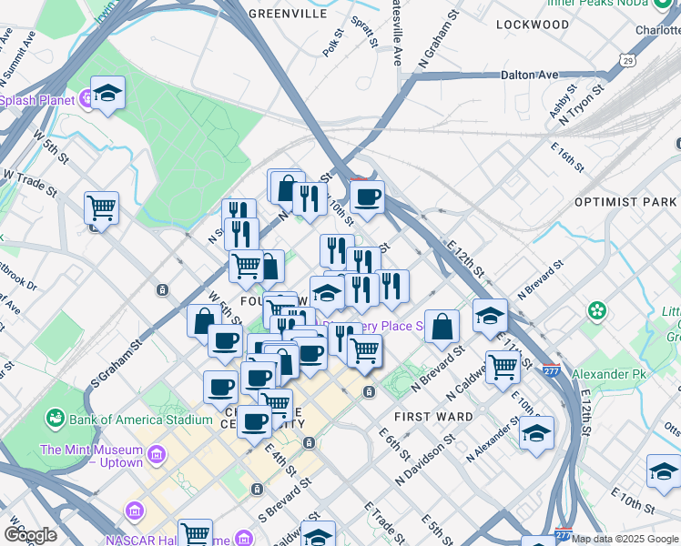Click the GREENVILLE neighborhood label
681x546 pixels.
click(287, 15)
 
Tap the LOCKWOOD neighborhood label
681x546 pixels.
click(533, 25)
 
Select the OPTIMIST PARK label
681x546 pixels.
click(625, 201)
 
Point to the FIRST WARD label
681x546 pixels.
click(433, 417)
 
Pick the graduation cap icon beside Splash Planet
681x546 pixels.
click(107, 93)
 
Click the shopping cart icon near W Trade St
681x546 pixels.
click(101, 207)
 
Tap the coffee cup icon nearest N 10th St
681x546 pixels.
click(367, 197)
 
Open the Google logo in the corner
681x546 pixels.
click(30, 534)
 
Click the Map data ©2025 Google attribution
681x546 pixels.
click(624, 539)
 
